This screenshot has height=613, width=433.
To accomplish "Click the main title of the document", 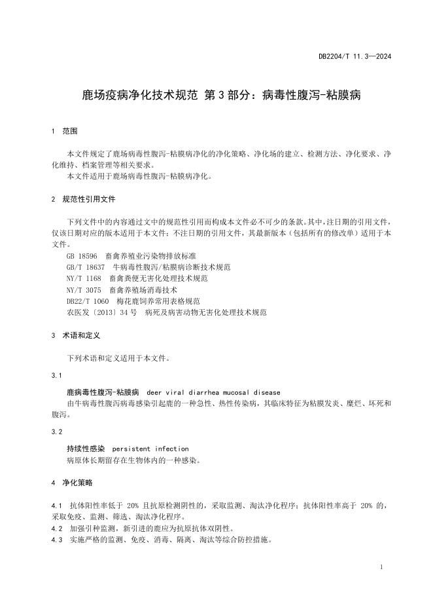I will [x=221, y=96].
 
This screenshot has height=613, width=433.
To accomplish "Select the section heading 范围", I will [x=69, y=132].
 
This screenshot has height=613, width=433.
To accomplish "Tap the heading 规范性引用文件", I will [x=89, y=199].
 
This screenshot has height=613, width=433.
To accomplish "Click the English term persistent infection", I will [x=150, y=449].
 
